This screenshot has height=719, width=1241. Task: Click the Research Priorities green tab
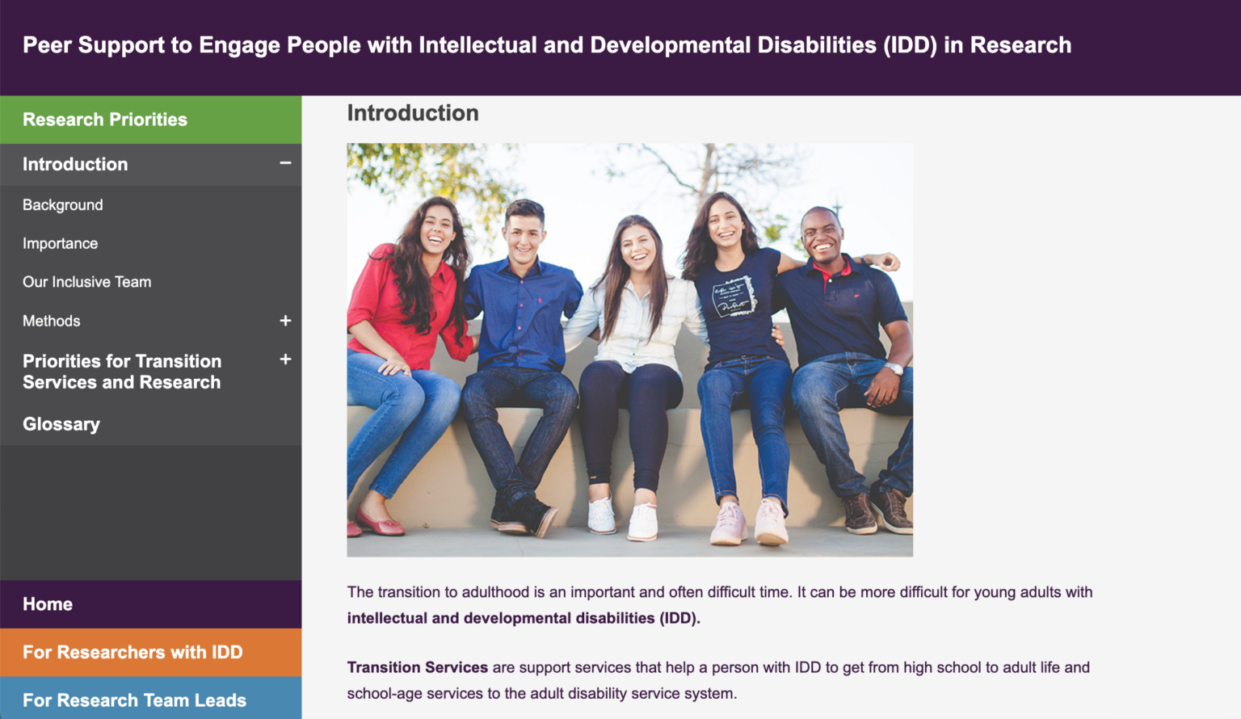pyautogui.click(x=105, y=120)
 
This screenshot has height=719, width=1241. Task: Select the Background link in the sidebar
pyautogui.click(x=63, y=205)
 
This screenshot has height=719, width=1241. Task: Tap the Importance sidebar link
pyautogui.click(x=61, y=244)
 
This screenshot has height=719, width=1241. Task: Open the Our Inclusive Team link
pyautogui.click(x=87, y=282)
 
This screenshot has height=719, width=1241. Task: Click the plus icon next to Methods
pyautogui.click(x=285, y=321)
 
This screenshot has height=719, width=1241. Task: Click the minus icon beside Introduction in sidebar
pyautogui.click(x=285, y=163)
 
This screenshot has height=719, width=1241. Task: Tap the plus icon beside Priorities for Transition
pyautogui.click(x=285, y=359)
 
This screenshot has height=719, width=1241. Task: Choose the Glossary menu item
pyautogui.click(x=61, y=424)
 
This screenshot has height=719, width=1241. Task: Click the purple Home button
pyautogui.click(x=48, y=604)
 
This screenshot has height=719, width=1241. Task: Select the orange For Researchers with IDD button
pyautogui.click(x=133, y=652)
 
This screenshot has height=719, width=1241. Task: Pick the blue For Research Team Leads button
pyautogui.click(x=134, y=700)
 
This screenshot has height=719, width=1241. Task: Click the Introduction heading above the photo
pyautogui.click(x=413, y=113)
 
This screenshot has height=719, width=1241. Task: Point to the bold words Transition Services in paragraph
pyautogui.click(x=417, y=667)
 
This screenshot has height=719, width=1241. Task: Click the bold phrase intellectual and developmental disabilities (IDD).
pyautogui.click(x=524, y=618)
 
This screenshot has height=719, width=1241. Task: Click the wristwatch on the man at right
pyautogui.click(x=893, y=368)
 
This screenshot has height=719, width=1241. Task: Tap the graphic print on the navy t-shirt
pyautogui.click(x=734, y=296)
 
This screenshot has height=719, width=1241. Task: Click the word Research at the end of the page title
pyautogui.click(x=1020, y=45)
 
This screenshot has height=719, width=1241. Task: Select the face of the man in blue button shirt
pyautogui.click(x=524, y=233)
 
